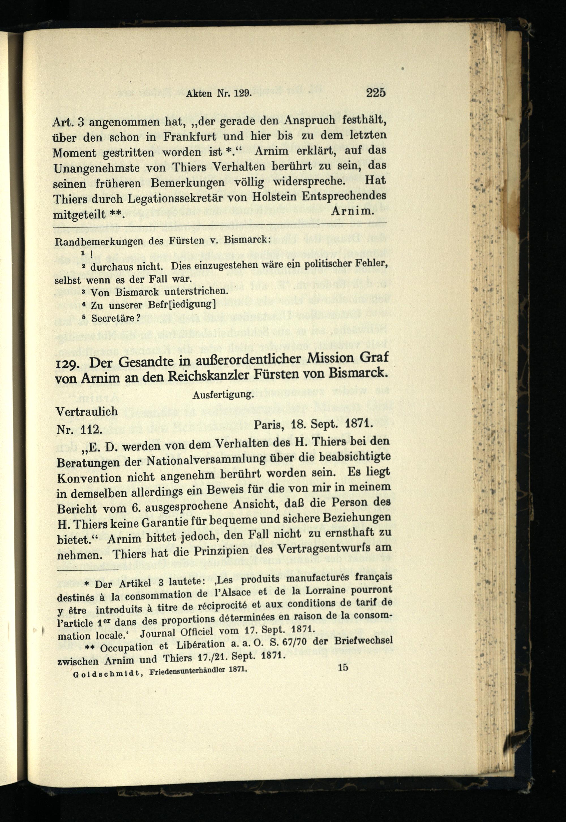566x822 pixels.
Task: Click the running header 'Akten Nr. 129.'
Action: (218, 94)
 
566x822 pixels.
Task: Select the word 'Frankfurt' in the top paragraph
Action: (190, 137)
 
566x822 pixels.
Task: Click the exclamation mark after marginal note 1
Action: (91, 254)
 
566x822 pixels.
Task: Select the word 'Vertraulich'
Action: (87, 412)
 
